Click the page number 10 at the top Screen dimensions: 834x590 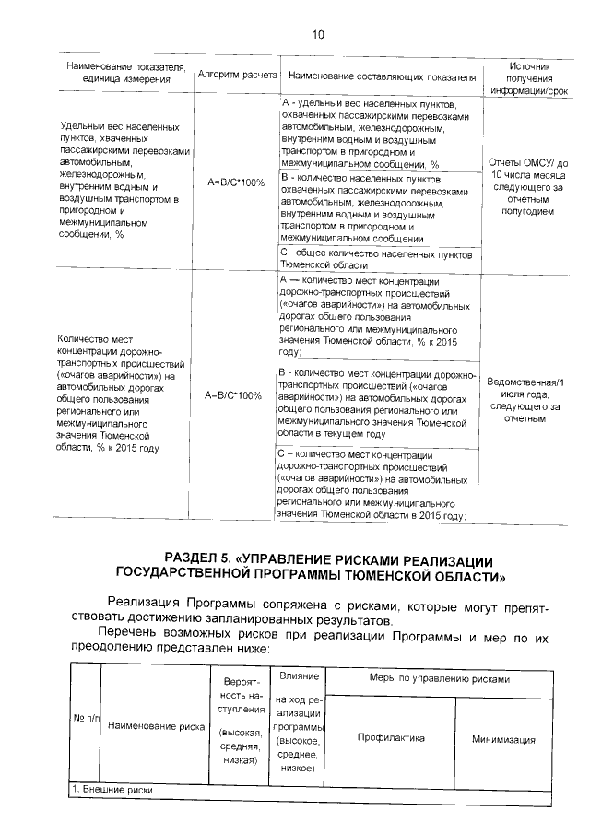(319, 36)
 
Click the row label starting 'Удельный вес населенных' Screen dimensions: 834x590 (120, 180)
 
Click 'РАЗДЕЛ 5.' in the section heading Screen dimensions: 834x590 (197, 560)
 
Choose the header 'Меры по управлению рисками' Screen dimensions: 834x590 (439, 678)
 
